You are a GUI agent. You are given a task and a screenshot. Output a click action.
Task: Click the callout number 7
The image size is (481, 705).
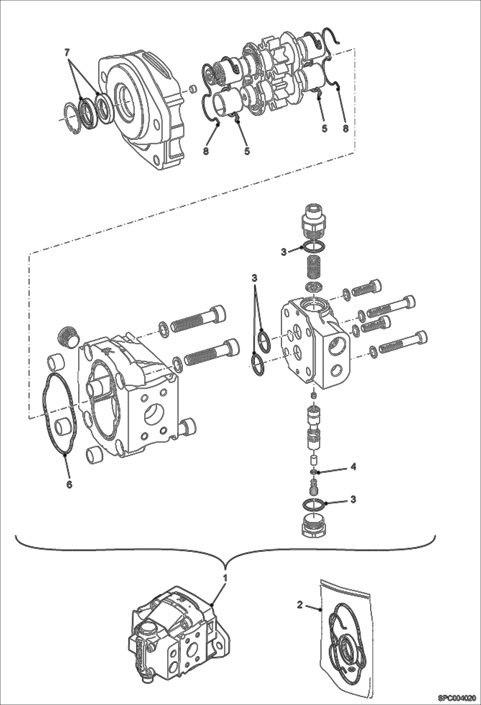pos(67,51)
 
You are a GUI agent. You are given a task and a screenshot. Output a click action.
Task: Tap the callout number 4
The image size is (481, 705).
pos(353,467)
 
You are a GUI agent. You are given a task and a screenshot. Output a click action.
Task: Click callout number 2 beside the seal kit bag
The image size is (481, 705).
pos(300,605)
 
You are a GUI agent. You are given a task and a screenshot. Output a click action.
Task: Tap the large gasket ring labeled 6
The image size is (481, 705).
pos(60,415)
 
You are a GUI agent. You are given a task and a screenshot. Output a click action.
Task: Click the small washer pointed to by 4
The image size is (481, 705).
pos(314,472)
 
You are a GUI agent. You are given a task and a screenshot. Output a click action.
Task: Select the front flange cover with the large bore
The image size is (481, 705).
pos(141,109)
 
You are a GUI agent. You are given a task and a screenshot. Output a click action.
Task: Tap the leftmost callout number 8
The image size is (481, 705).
pos(206,151)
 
